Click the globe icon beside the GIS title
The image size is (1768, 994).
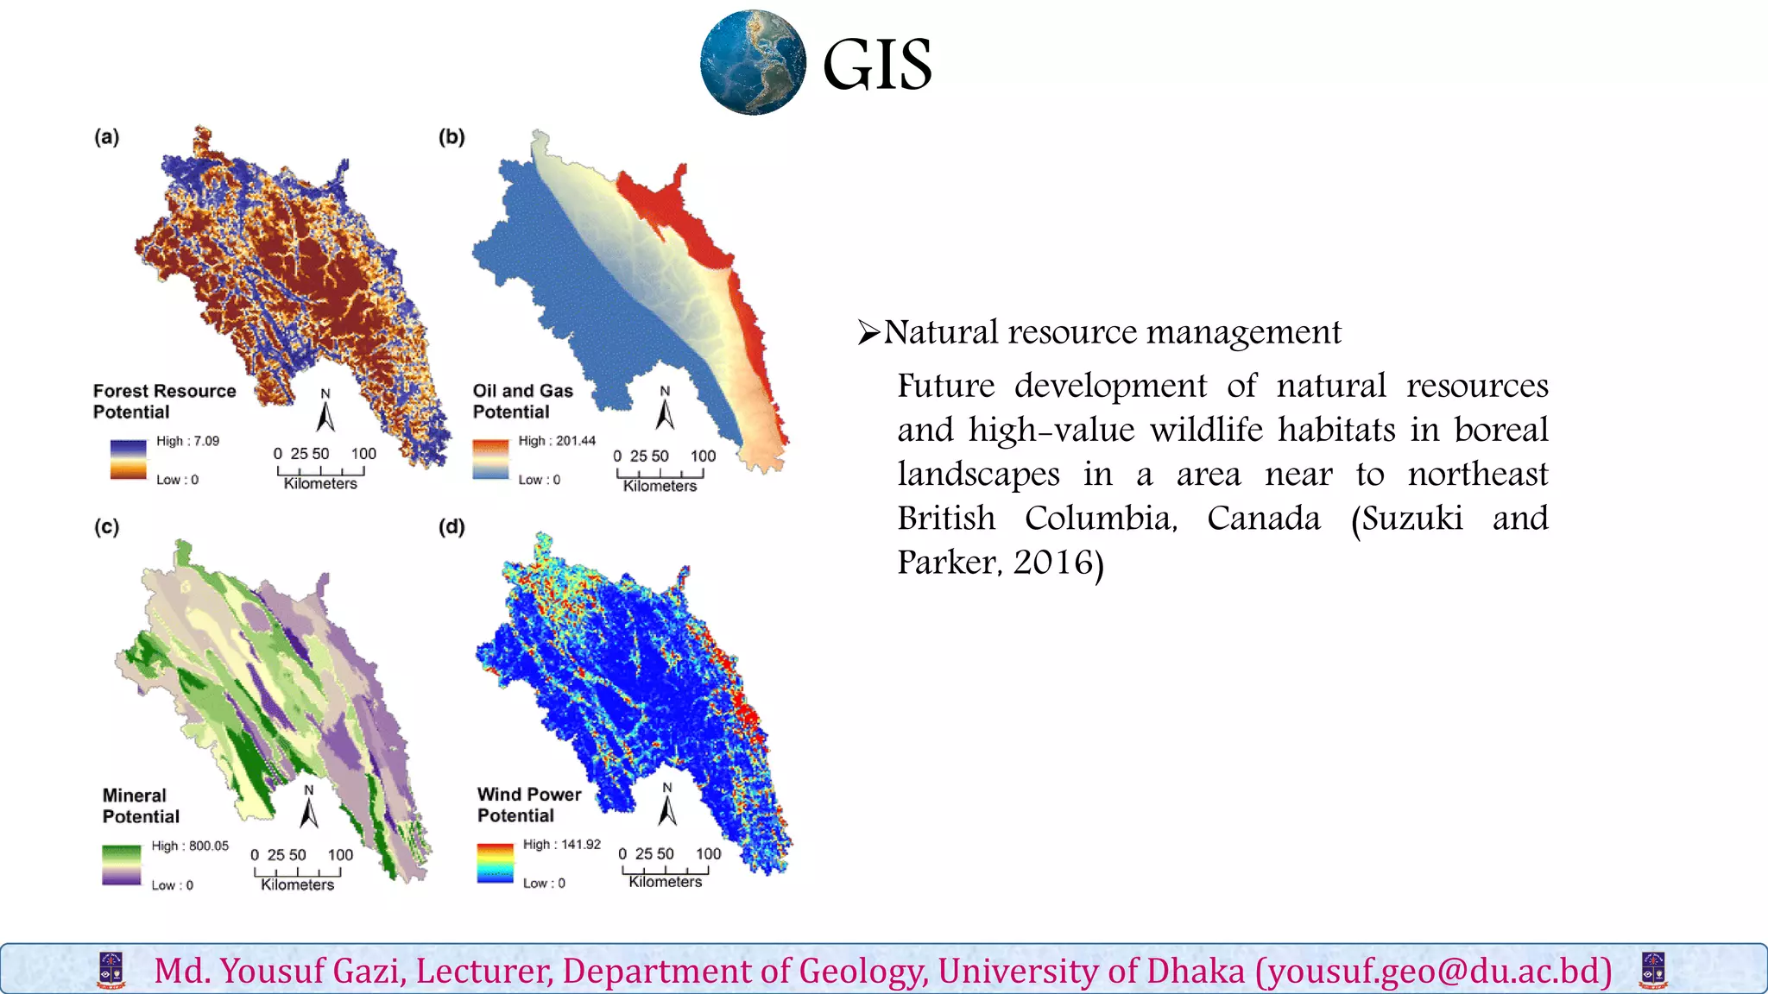click(x=753, y=63)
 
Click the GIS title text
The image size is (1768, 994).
click(x=877, y=65)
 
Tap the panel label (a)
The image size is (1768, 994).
click(x=107, y=137)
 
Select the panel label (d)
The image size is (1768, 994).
click(x=451, y=527)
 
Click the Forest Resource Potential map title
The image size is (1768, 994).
click(x=164, y=401)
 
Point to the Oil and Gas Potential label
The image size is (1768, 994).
click(x=522, y=401)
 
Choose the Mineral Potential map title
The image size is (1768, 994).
click(x=141, y=806)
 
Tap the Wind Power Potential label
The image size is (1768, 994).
click(x=529, y=804)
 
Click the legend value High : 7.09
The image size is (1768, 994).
click(x=187, y=441)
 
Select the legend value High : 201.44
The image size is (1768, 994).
click(x=557, y=441)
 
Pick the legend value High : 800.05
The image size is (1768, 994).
click(x=190, y=846)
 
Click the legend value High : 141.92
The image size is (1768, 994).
click(x=561, y=844)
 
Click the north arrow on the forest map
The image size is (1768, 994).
click(x=325, y=412)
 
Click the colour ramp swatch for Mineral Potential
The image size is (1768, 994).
click(x=121, y=865)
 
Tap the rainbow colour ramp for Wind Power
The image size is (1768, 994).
click(x=495, y=863)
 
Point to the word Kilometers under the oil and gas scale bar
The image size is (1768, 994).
click(x=660, y=487)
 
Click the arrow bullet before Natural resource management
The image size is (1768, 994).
click(x=868, y=332)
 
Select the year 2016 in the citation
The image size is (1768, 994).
click(x=1052, y=563)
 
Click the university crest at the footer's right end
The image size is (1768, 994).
click(x=1652, y=970)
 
